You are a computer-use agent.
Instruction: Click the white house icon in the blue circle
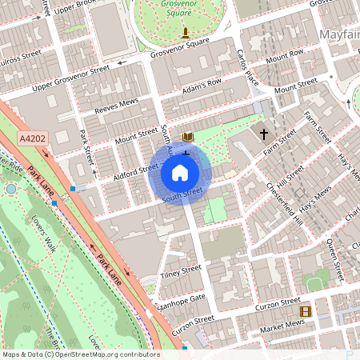(180, 173)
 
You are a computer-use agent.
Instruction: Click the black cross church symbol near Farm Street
(263, 134)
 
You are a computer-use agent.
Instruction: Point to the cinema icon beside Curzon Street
(304, 311)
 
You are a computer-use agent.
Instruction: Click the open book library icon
(188, 138)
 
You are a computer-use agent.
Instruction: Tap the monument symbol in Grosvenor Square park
(186, 32)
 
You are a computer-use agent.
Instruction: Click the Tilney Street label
(181, 272)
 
